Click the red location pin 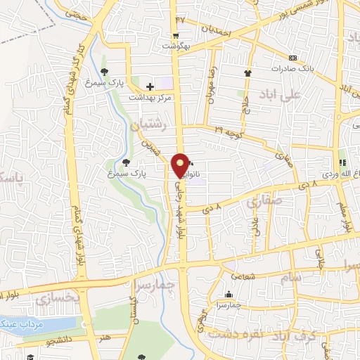coord(181,165)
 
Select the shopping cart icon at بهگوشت coord(175,35)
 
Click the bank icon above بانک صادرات coord(293,58)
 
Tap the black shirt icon coord(247,73)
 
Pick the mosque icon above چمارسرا coord(229,295)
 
